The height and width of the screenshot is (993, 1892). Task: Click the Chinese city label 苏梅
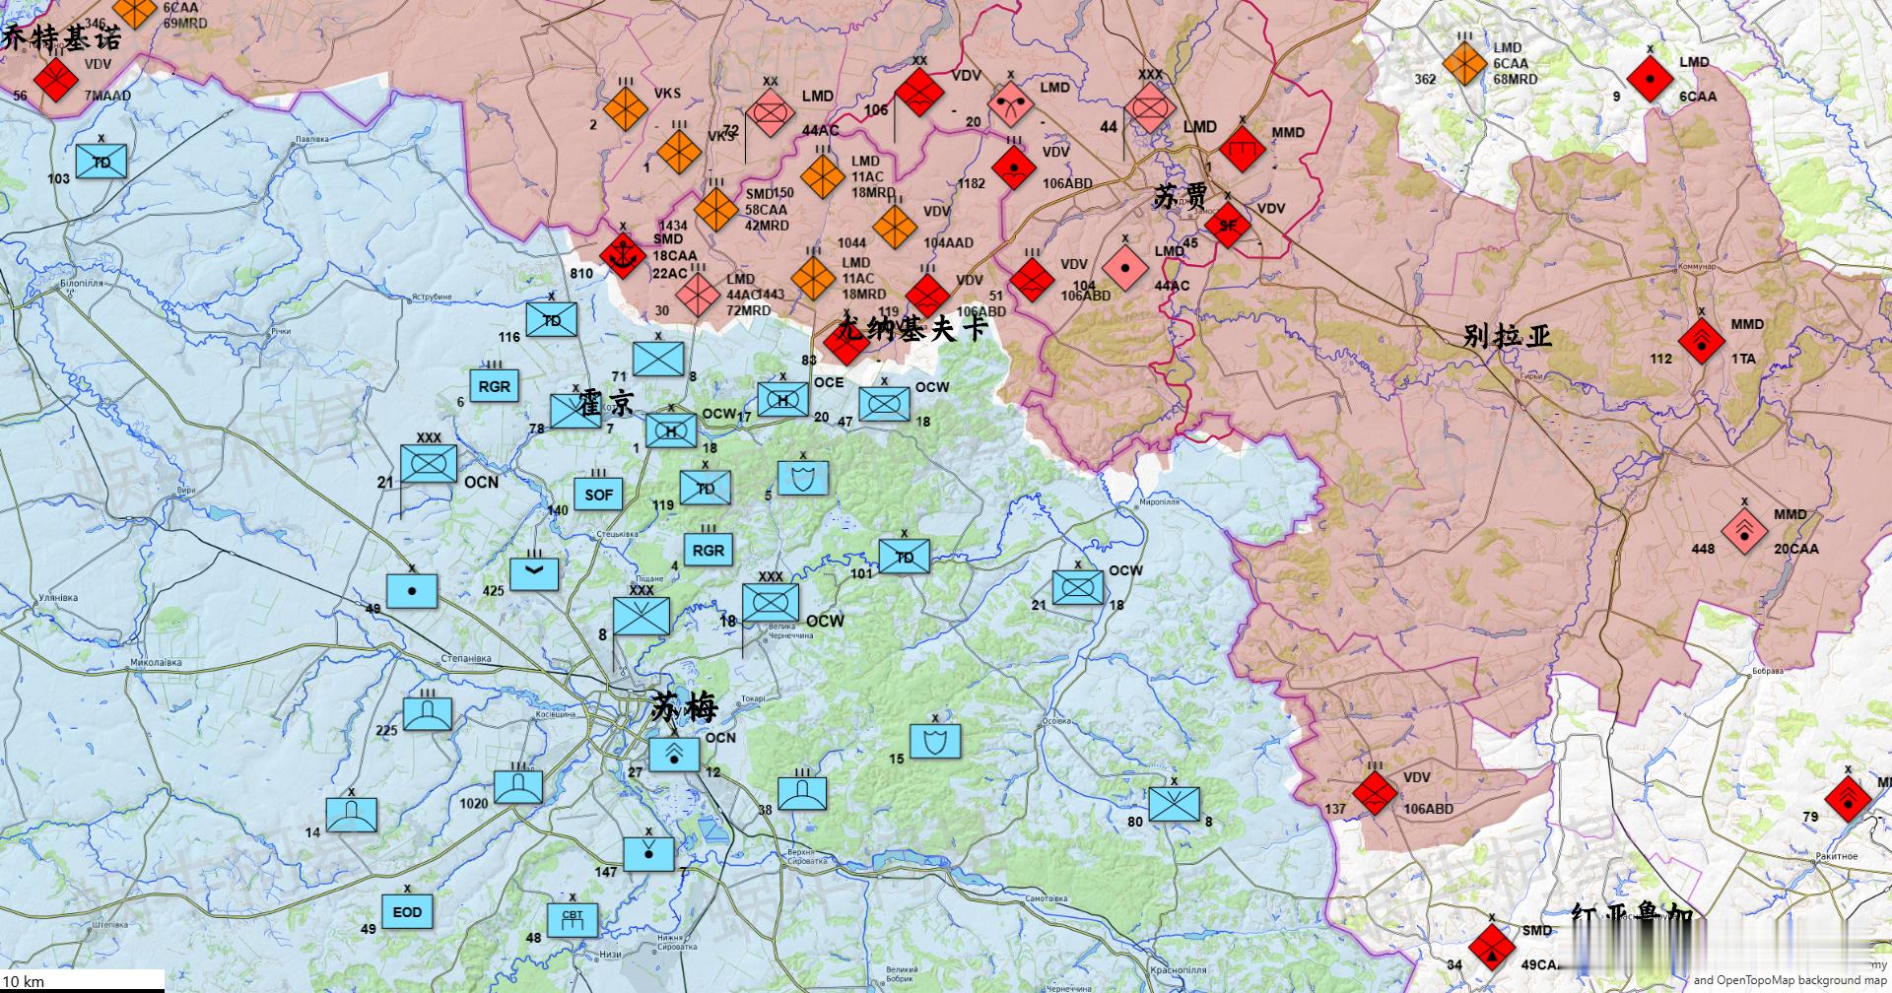click(x=685, y=707)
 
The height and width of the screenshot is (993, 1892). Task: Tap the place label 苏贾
click(x=1181, y=196)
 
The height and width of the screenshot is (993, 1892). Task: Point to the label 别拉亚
click(x=1508, y=336)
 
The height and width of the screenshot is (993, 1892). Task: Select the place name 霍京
click(x=606, y=402)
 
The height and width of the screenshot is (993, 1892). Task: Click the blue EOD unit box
click(x=407, y=912)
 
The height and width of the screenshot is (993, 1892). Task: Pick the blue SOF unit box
click(x=598, y=495)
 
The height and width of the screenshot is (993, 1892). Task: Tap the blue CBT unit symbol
click(x=573, y=920)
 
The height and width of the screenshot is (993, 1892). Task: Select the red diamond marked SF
click(x=1227, y=226)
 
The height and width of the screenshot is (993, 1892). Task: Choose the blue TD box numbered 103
click(x=101, y=163)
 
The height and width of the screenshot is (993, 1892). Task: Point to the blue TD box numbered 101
click(x=904, y=558)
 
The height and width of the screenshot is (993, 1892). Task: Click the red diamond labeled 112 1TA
click(x=1701, y=342)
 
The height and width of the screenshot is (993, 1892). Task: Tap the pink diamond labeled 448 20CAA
click(x=1744, y=532)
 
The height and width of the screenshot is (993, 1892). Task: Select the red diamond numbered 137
click(x=1374, y=792)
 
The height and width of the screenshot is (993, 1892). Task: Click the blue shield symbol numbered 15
click(x=934, y=741)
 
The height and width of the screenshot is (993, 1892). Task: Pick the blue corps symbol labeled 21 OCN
click(x=429, y=463)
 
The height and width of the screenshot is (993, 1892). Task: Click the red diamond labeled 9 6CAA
click(x=1649, y=78)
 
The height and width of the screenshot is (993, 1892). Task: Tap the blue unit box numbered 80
click(x=1175, y=804)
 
